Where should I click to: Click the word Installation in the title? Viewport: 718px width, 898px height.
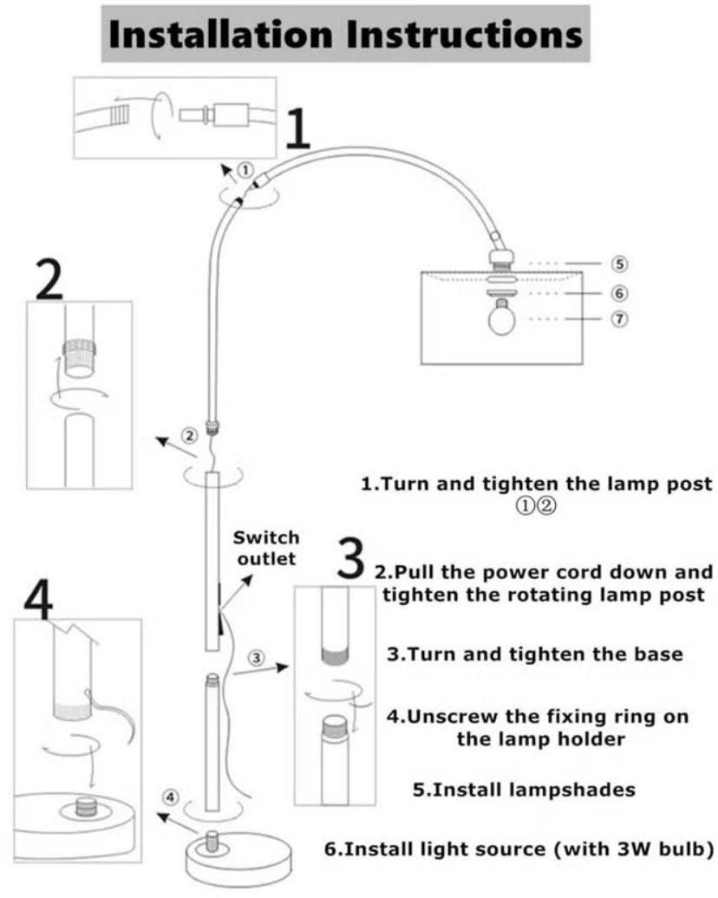point(222,34)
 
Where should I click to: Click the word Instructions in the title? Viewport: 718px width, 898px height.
point(459,34)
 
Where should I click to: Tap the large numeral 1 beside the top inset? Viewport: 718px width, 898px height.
point(297,130)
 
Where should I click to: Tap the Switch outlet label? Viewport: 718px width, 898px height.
point(271,548)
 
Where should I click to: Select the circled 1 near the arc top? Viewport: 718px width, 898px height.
point(246,171)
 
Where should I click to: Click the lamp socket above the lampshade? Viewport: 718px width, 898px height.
point(500,257)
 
